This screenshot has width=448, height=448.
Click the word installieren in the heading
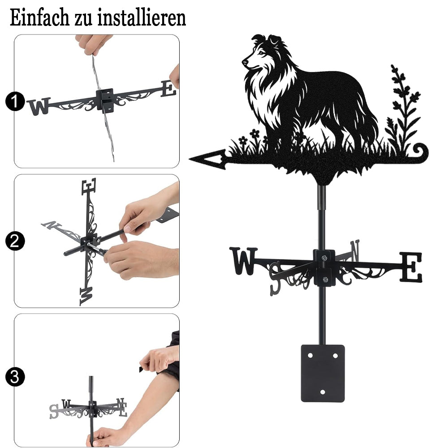pyautogui.click(x=142, y=18)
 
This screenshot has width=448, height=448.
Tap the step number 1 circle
pyautogui.click(x=15, y=101)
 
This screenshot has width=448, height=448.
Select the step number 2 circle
pyautogui.click(x=15, y=241)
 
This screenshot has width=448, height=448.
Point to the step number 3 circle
pyautogui.click(x=15, y=377)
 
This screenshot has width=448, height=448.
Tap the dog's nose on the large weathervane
pyautogui.click(x=245, y=62)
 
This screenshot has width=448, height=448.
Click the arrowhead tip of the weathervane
pyautogui.click(x=190, y=158)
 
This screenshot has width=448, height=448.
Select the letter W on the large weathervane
pyautogui.click(x=244, y=261)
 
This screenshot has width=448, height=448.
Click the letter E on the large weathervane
pyautogui.click(x=410, y=267)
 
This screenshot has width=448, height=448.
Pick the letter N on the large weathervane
pyautogui.click(x=354, y=250)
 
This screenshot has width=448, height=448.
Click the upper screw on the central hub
pyautogui.click(x=324, y=258)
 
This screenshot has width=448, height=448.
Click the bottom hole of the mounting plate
pyautogui.click(x=323, y=392)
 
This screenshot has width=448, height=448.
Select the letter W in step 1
pyautogui.click(x=39, y=106)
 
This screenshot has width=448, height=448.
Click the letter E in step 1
pyautogui.click(x=168, y=88)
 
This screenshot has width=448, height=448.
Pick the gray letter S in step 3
pyautogui.click(x=54, y=411)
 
